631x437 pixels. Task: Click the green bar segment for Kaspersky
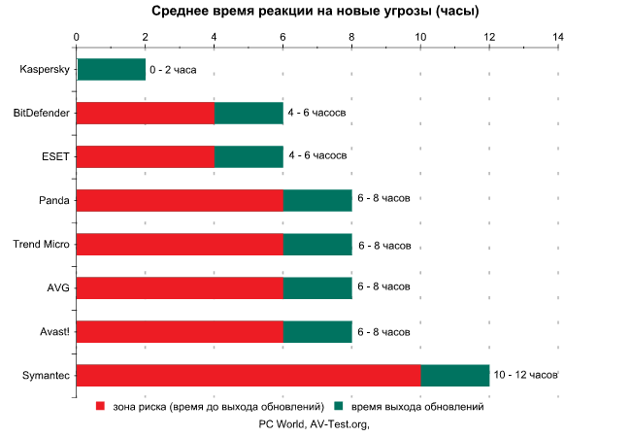111,70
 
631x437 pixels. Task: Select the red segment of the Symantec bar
248,375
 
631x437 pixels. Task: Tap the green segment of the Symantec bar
454,375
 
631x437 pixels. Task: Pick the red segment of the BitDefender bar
145,114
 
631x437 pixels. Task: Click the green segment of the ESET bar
249,157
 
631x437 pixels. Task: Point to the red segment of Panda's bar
179,200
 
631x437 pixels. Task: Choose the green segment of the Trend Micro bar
317,244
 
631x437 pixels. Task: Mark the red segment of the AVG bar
179,287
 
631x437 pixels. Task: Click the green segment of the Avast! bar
317,331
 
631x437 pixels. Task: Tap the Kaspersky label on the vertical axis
45,70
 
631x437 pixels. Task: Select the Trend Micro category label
41,244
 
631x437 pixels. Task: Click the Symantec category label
45,375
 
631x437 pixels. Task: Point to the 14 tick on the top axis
557,38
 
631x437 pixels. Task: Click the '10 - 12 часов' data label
525,375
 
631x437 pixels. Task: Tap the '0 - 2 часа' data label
173,70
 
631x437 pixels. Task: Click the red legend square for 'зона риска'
100,407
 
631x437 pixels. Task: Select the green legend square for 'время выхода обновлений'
339,407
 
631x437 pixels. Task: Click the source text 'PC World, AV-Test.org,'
315,423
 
